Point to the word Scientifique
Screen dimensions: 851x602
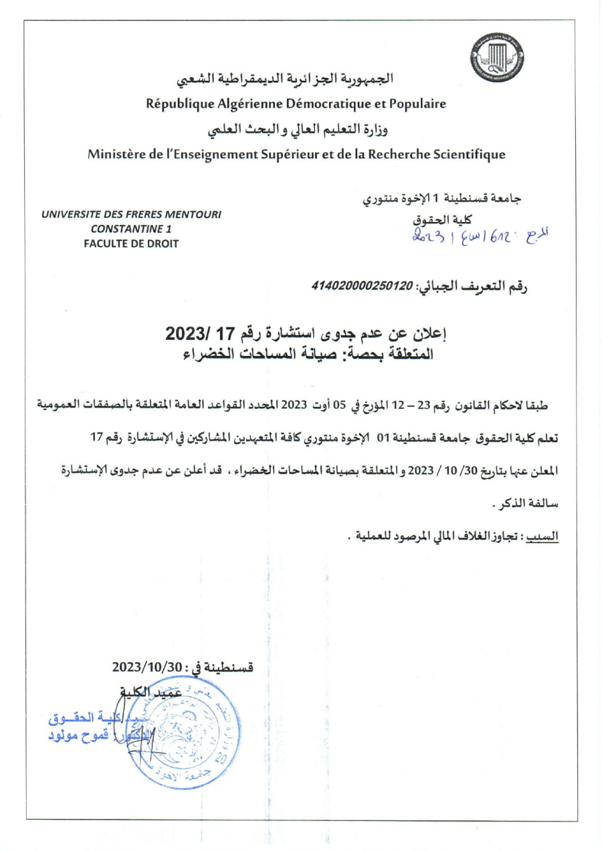point(468,155)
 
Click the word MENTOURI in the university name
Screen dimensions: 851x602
point(189,214)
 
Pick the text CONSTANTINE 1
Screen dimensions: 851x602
point(131,229)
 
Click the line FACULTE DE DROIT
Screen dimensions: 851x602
point(131,244)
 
